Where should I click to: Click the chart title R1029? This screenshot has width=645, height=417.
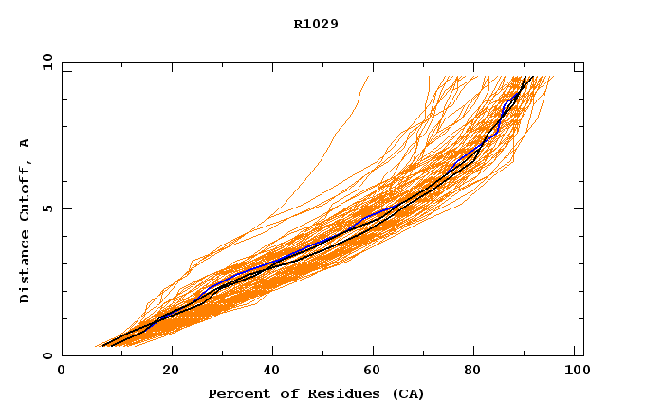pos(316,24)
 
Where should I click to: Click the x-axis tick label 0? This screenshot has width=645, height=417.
pos(62,372)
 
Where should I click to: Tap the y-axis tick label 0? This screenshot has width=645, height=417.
pos(46,356)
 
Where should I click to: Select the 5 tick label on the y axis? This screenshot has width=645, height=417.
pos(46,208)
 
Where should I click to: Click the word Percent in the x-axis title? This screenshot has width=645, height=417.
pos(235,393)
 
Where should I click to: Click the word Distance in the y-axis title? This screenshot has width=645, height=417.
pos(25,267)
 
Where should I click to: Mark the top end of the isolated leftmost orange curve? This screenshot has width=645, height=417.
pos(368,77)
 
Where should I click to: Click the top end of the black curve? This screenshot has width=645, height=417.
pos(532,77)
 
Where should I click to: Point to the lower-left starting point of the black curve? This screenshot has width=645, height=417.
pos(102,345)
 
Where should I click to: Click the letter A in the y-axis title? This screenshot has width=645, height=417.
pos(25,142)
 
